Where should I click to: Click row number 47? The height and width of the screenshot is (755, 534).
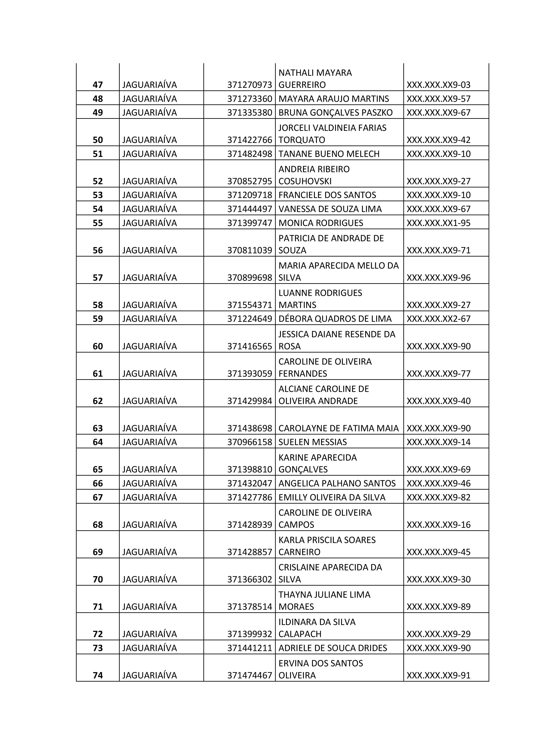[x=98, y=85]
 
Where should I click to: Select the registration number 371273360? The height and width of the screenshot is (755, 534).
[x=250, y=99]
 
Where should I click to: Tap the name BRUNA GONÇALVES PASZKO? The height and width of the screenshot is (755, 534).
[x=335, y=113]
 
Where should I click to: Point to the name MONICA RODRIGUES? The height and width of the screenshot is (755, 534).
[x=321, y=223]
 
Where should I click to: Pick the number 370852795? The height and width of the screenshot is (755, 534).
[x=250, y=181]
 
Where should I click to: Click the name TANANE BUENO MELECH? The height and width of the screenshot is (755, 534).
[x=329, y=154]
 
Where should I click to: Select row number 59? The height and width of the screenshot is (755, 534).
[x=98, y=319]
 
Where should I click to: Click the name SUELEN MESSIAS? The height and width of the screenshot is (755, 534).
[x=312, y=442]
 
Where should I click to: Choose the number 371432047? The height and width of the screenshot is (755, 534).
[x=250, y=483]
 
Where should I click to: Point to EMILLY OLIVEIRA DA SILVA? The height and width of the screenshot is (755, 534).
[x=332, y=497]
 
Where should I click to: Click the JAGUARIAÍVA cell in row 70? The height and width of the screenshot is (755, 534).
[x=150, y=579]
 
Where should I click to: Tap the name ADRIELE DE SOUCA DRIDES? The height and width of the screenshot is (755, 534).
[x=333, y=648]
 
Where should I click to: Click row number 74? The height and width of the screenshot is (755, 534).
[x=98, y=675]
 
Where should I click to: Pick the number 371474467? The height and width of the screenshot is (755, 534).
[x=250, y=675]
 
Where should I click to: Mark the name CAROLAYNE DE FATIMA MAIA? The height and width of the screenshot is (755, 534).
[x=338, y=428]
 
